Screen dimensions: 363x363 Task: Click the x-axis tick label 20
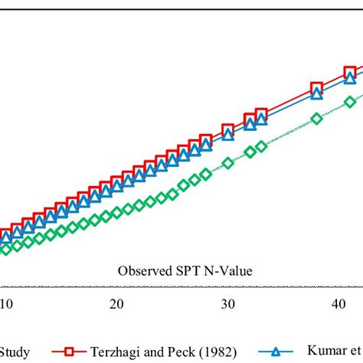point(116,305)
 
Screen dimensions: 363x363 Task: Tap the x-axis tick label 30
point(227,305)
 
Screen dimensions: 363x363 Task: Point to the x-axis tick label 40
point(338,305)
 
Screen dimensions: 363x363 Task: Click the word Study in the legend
point(15,352)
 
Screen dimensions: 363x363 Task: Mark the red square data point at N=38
point(316,88)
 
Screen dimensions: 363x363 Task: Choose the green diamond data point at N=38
point(317,118)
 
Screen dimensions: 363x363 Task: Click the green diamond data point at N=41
point(350,101)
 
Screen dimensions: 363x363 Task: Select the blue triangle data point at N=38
point(316,94)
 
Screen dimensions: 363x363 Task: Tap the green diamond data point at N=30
point(227,162)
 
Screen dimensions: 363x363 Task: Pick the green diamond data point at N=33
point(260,146)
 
